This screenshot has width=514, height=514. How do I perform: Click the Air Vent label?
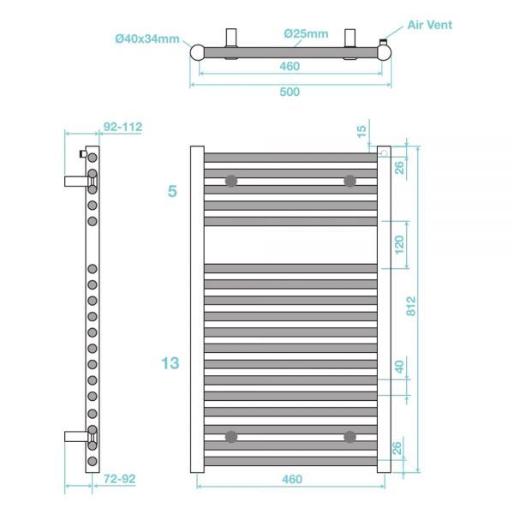(429, 25)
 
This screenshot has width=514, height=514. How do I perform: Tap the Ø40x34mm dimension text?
(147, 39)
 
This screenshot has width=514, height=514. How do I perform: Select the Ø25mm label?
(306, 33)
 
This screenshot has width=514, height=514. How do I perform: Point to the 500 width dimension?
(290, 92)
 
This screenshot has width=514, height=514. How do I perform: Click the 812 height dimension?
(410, 306)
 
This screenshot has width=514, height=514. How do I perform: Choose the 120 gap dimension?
(399, 245)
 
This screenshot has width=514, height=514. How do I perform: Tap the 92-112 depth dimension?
(123, 127)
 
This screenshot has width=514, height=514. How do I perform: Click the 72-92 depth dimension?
(119, 479)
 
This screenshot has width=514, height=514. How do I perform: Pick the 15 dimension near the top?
(361, 131)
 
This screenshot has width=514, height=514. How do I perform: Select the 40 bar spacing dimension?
(399, 367)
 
